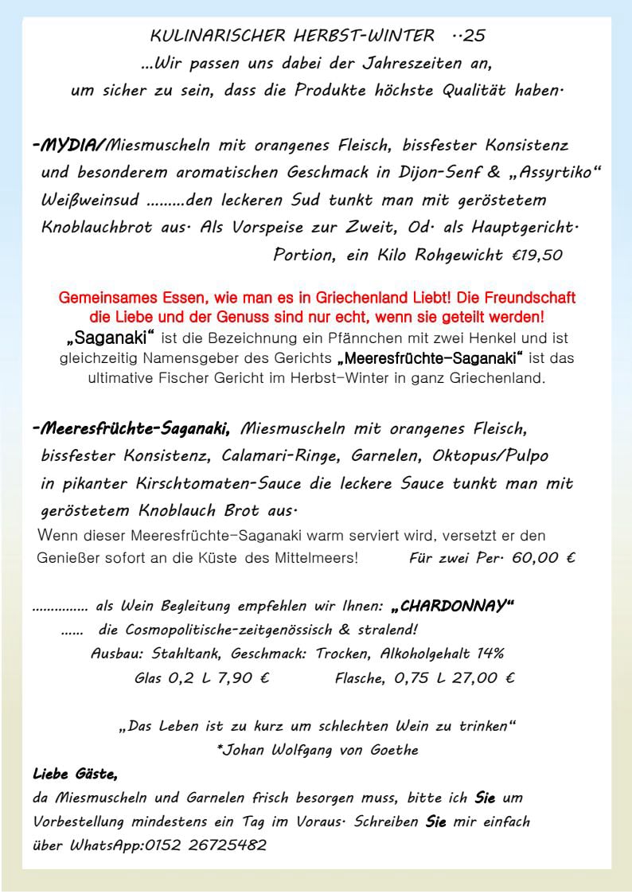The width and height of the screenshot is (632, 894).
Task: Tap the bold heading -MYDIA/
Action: pos(69,146)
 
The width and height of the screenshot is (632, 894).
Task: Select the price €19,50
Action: pos(538,256)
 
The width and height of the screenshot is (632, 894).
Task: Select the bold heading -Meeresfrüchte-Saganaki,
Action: pos(132,429)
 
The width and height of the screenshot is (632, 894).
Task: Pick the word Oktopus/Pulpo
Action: pos(490,456)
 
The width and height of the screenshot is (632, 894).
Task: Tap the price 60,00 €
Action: pos(544,558)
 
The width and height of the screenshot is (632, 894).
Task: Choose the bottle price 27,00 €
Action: pos(475,678)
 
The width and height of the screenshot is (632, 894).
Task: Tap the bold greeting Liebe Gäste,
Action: pos(76,774)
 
